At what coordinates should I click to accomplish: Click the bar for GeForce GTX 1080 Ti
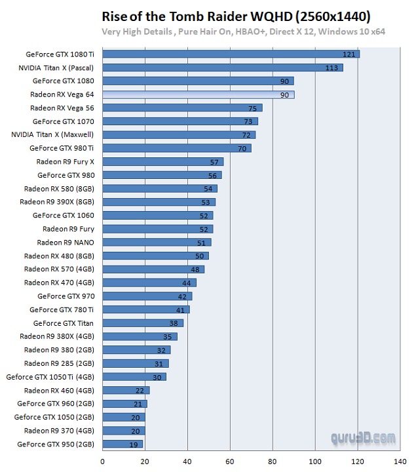tap(231, 54)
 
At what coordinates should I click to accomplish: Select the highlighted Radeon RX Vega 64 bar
tap(198, 94)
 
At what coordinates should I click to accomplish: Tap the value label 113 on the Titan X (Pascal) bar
tap(331, 68)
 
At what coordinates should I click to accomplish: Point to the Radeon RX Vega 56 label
tap(62, 108)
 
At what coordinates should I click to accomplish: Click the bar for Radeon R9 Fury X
tap(162, 161)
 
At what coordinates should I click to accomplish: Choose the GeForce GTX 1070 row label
tap(63, 121)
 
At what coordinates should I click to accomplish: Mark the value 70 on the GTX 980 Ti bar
tap(242, 148)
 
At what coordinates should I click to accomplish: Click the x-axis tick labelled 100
tap(316, 461)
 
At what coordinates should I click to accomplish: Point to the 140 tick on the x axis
tap(400, 461)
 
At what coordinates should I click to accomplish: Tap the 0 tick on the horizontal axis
tap(103, 461)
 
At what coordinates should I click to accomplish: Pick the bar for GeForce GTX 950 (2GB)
tap(123, 444)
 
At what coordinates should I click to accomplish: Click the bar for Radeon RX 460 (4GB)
tap(126, 390)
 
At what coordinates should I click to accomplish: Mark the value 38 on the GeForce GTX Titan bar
tap(174, 323)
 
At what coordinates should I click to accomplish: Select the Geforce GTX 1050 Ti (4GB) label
tap(50, 377)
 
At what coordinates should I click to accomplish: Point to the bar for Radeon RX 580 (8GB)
tap(160, 188)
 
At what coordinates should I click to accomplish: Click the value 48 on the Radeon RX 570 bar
tap(195, 269)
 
